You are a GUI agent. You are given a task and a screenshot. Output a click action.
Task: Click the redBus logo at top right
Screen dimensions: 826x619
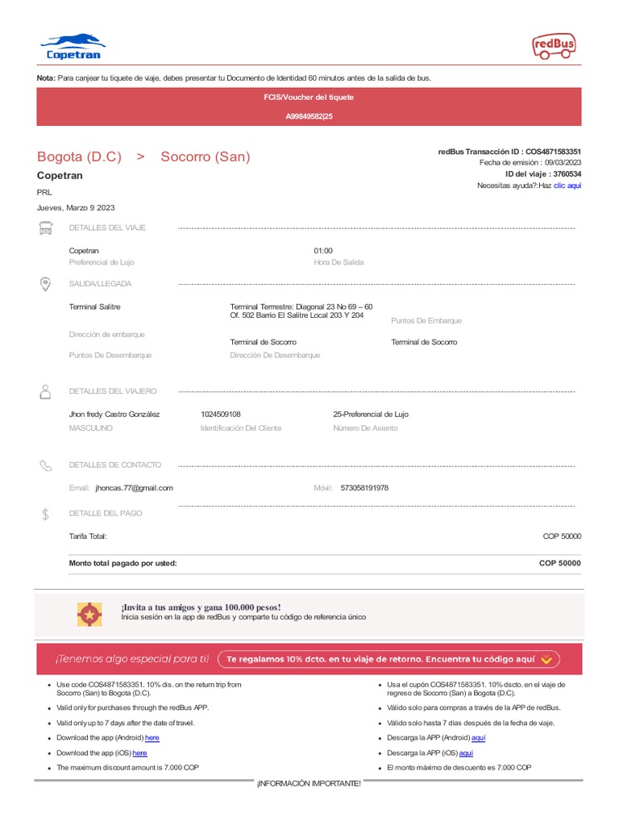click(554, 47)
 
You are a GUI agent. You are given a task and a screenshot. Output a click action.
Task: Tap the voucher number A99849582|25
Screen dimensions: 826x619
click(309, 116)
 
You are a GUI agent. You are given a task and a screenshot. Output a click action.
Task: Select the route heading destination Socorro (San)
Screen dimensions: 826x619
click(205, 156)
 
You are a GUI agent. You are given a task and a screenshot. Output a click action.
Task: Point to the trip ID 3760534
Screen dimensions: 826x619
click(565, 174)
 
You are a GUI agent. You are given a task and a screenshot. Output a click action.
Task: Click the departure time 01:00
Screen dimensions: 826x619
click(322, 251)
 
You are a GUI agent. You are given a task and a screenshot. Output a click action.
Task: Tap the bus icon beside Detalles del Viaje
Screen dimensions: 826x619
click(46, 228)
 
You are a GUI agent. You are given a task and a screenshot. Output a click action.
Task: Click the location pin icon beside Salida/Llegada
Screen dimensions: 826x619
click(46, 284)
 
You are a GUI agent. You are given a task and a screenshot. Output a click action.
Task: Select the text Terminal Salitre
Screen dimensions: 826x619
click(94, 307)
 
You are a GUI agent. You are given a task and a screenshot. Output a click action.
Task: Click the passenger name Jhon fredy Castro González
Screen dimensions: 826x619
click(114, 414)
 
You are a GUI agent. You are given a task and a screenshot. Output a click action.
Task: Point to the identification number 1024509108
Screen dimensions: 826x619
click(220, 414)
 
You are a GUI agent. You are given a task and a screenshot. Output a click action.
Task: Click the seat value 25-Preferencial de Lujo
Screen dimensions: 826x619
click(371, 414)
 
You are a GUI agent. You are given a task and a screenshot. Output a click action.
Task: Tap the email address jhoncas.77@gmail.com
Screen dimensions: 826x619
click(134, 488)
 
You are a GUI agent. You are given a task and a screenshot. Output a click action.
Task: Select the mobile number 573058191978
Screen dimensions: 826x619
click(364, 488)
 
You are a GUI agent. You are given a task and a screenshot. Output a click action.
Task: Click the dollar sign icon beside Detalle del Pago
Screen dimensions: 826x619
click(46, 514)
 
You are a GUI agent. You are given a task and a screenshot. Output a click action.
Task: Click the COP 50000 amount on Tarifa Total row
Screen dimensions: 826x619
click(562, 536)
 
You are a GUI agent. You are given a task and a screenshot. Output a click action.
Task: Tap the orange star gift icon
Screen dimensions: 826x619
click(89, 615)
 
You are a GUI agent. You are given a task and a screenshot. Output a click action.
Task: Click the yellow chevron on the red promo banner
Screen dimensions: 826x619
click(546, 659)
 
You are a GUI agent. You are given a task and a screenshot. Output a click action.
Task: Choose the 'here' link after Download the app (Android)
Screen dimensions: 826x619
click(152, 738)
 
